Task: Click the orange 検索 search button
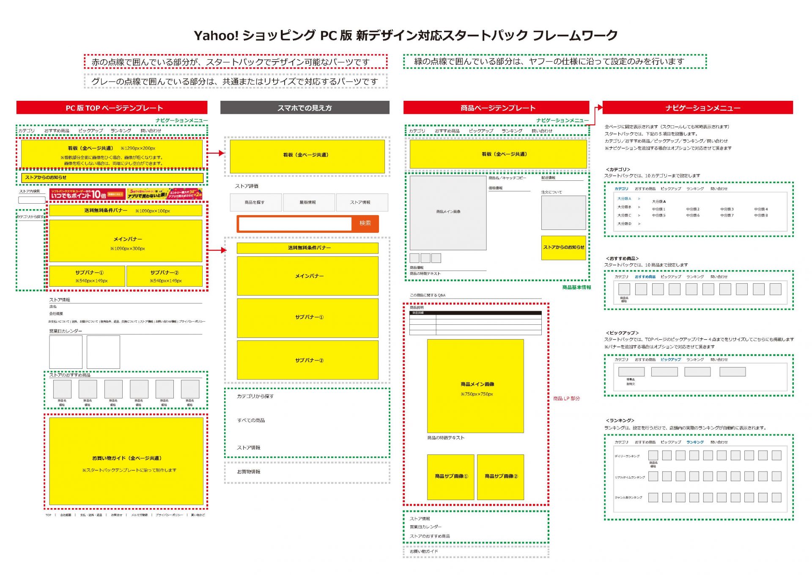click(x=365, y=223)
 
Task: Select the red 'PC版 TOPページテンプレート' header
click(x=112, y=108)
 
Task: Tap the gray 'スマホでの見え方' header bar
click(x=304, y=108)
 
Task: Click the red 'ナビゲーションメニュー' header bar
click(x=697, y=108)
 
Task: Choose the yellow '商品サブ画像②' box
click(x=500, y=476)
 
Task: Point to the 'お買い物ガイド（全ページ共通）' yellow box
click(x=126, y=461)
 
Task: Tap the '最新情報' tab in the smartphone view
click(x=308, y=202)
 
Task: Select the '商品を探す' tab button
click(x=255, y=202)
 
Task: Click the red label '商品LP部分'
click(x=566, y=398)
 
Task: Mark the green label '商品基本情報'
click(x=576, y=287)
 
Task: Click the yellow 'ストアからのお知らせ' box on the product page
click(x=563, y=247)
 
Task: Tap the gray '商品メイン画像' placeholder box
click(x=448, y=212)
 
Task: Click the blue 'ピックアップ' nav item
click(x=671, y=359)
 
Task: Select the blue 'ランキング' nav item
click(x=695, y=442)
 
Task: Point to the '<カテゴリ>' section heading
click(x=618, y=169)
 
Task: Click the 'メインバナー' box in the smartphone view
click(x=307, y=276)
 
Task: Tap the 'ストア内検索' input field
click(x=32, y=200)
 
